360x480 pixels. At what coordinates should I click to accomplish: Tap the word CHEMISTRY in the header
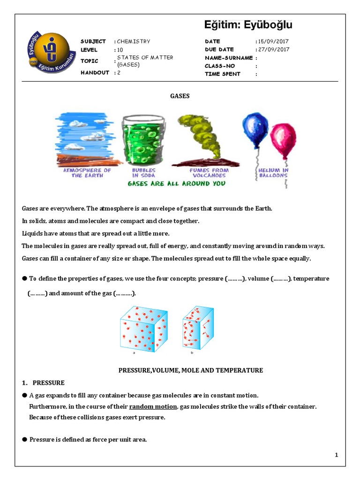[134, 42]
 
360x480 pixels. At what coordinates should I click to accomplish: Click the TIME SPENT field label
[223, 74]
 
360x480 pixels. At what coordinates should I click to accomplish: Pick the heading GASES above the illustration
[180, 96]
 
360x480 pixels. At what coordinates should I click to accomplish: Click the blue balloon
[255, 128]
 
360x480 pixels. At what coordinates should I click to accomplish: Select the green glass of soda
[143, 139]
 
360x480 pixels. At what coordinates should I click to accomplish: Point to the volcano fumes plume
[197, 136]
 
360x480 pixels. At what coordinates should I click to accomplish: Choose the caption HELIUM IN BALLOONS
[273, 173]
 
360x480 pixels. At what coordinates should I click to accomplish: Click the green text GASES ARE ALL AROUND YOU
[176, 183]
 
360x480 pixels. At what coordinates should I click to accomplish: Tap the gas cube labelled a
[143, 328]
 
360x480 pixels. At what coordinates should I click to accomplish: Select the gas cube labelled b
[197, 328]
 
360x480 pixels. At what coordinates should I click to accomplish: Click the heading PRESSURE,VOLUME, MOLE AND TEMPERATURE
[190, 370]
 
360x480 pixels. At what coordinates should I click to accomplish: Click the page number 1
[337, 455]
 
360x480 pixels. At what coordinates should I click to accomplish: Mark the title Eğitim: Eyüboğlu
[248, 25]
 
